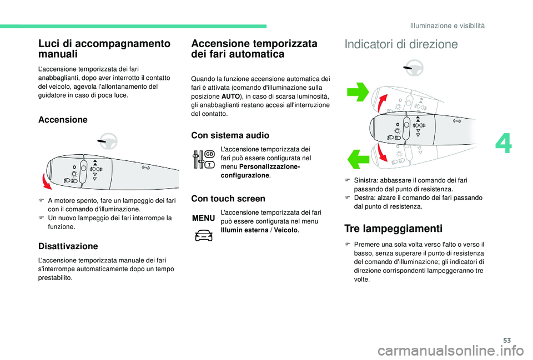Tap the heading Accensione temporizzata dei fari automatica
coord(254,49)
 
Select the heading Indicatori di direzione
coord(401,44)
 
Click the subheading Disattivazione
coord(68,246)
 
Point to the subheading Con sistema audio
coord(229,135)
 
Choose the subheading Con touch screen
coord(228,198)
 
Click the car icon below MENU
coord(204,236)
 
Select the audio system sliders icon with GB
coord(204,160)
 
